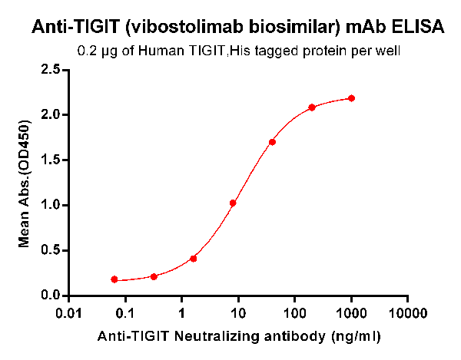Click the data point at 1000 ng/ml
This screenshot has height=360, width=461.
coord(351,98)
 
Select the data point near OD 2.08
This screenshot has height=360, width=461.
coord(312,107)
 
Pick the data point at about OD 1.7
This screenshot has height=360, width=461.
coord(272,142)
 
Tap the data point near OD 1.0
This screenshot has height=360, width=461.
coord(233,203)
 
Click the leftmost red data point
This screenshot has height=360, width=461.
coord(114,279)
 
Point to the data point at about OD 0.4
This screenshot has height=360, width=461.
coord(193,259)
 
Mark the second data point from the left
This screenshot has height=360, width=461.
coord(154,276)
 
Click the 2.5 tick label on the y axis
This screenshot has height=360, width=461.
coord(51,70)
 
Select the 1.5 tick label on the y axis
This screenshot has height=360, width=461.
coord(51,160)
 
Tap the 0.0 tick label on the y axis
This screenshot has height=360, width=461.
coord(51,296)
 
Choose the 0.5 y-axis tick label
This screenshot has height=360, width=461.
coord(51,250)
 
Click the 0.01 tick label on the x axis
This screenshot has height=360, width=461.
coord(68,313)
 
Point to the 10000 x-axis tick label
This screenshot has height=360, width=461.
coord(408,313)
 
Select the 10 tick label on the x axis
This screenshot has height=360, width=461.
coord(238,313)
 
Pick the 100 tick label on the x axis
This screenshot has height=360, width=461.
coord(295,313)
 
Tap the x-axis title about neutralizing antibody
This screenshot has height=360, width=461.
coord(238,336)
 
